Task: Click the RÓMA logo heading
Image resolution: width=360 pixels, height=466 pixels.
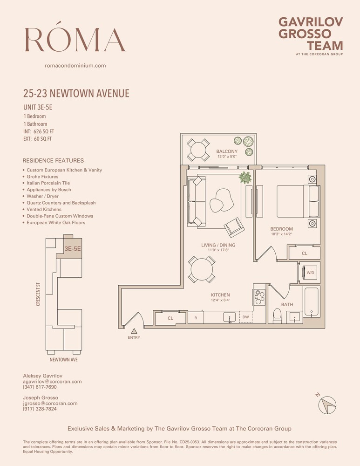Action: (x=75, y=40)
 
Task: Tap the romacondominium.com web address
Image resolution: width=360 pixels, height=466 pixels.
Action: (x=75, y=66)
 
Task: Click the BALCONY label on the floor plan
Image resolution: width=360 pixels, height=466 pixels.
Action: (x=227, y=151)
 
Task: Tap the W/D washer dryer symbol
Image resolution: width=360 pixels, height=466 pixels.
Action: (x=310, y=272)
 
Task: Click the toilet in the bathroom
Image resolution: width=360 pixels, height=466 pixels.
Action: (x=277, y=315)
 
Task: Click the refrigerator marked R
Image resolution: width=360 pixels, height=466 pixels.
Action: (x=195, y=318)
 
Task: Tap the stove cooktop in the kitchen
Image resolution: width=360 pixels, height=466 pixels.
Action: (x=259, y=297)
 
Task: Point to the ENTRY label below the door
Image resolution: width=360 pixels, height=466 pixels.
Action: (x=134, y=337)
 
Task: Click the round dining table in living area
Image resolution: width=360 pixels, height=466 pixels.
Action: (x=202, y=269)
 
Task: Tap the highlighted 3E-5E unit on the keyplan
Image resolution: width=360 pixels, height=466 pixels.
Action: (x=72, y=248)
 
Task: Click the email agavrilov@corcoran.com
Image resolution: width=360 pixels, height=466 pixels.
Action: (x=52, y=381)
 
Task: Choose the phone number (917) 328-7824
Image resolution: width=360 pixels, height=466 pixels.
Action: (x=40, y=409)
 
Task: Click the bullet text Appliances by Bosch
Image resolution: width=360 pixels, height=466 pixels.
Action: (x=48, y=190)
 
